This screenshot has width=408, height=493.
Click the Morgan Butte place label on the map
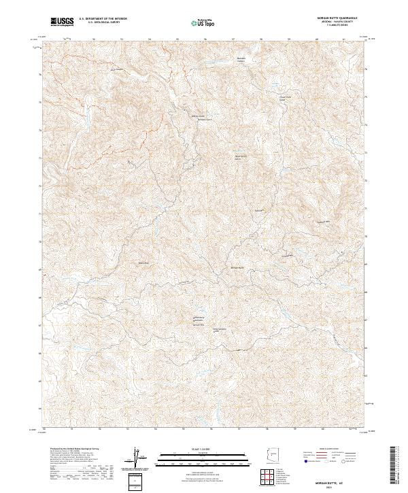point(234,268)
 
